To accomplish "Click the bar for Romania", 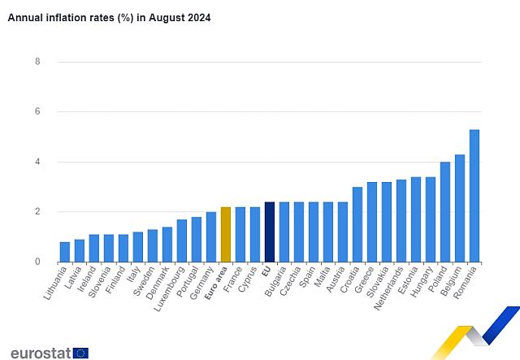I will tap(474, 196).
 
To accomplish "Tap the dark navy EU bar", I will tap(270, 232).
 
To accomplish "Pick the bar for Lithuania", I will tap(65, 252).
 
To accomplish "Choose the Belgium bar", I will tap(460, 208).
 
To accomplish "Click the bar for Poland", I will tap(445, 212).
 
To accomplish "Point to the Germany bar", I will tap(211, 236).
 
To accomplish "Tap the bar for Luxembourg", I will tap(182, 241).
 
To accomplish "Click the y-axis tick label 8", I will tap(37, 62).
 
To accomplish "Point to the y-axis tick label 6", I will tap(37, 112).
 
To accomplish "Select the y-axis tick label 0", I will tap(37, 262).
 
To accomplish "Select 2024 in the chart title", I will tap(198, 18).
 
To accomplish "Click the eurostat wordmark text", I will tap(37, 352).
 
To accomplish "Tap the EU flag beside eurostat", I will tap(80, 353).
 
